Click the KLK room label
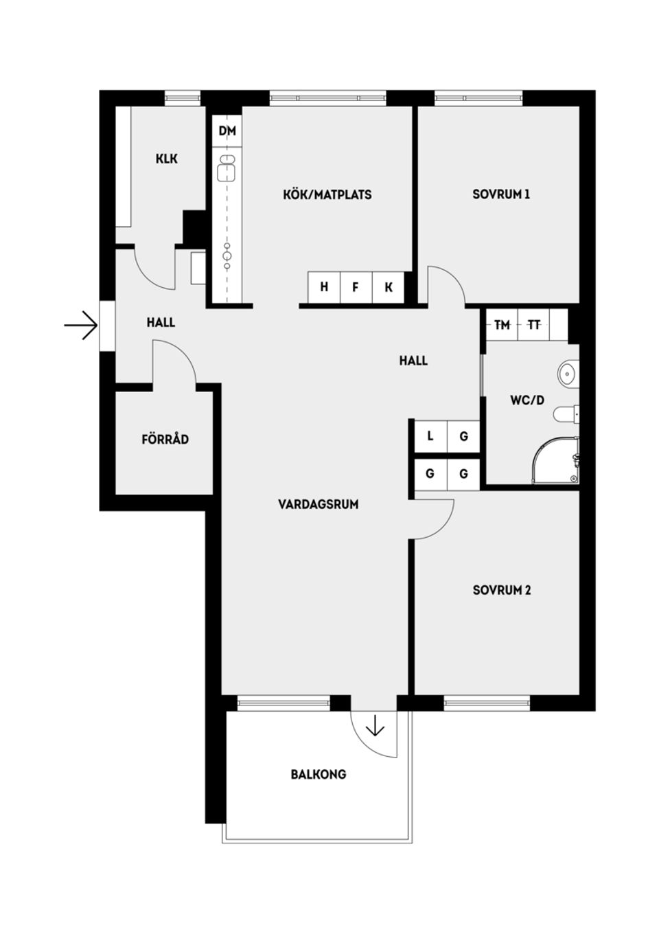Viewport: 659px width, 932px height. coord(166,159)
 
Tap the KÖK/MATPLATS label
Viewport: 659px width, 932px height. coord(327,194)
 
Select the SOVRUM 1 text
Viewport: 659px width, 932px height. coord(500,194)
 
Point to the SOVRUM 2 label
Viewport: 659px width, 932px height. coord(501,590)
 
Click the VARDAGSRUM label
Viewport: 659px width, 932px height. coord(318,504)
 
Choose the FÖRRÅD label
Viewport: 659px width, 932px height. coord(165,439)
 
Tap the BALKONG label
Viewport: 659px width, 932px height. coord(318,774)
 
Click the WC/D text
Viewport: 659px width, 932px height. coord(527,400)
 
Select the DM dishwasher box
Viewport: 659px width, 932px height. coord(227,130)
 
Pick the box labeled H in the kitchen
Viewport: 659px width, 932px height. coord(324,287)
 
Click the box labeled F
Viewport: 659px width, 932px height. coord(356,287)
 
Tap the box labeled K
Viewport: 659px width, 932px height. coord(389,287)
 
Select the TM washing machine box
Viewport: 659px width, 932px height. coord(502,325)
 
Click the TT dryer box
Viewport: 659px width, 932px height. coord(534,325)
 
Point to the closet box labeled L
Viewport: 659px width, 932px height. coord(430,436)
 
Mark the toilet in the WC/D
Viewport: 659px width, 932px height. coord(567,414)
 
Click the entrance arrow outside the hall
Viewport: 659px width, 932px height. coord(80,325)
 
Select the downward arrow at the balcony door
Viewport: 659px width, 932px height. coord(375,725)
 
